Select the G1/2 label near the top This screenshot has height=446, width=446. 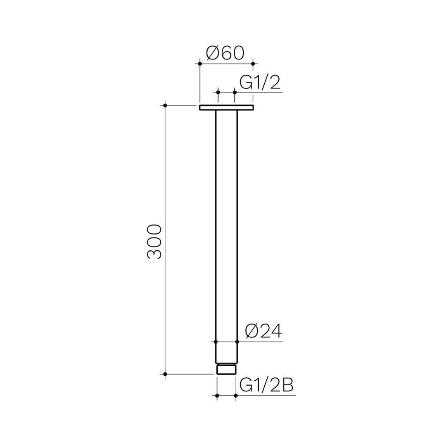click(260, 83)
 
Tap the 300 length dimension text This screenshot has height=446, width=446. click(154, 242)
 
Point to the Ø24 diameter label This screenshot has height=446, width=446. click(263, 332)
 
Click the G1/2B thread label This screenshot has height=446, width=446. click(266, 386)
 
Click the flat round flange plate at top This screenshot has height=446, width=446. click(226, 108)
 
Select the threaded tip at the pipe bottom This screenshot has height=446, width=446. click(227, 369)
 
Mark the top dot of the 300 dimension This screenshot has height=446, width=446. click(165, 106)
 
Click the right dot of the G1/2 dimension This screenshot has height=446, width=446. click(235, 92)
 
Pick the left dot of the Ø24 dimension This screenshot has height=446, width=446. click(216, 342)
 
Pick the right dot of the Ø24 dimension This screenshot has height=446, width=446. click(237, 342)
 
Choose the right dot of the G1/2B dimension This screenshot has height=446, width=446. click(235, 396)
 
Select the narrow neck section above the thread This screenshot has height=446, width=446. click(227, 353)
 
